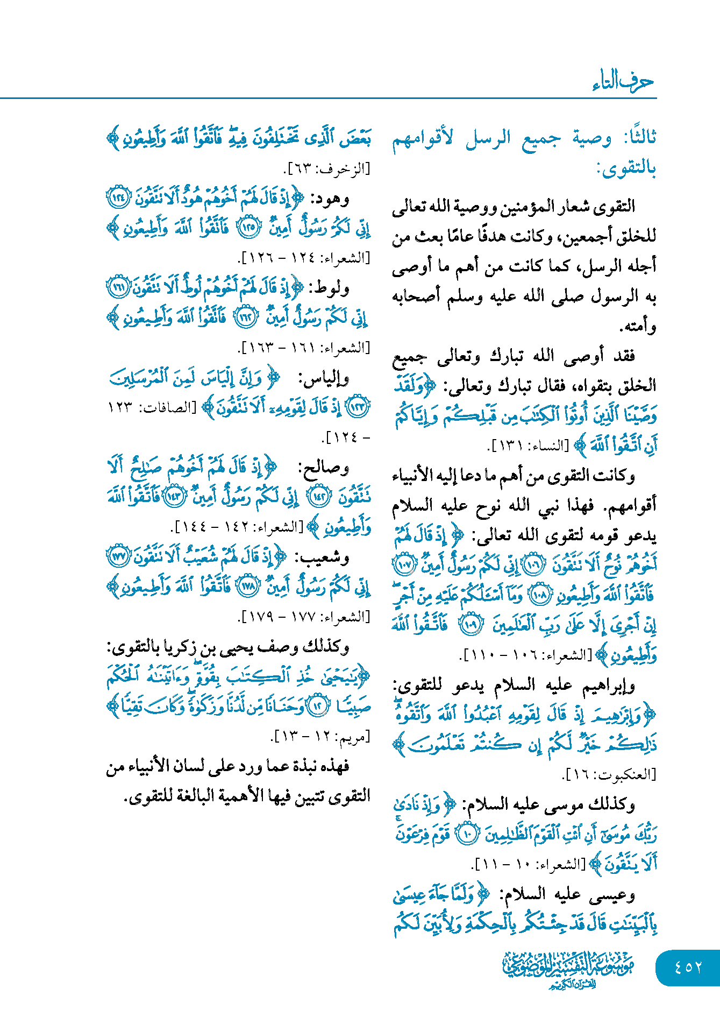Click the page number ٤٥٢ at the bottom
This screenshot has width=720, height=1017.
(688, 967)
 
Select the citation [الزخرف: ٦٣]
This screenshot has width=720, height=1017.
(327, 169)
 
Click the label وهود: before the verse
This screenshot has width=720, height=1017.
(330, 200)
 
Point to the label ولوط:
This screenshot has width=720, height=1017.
(329, 289)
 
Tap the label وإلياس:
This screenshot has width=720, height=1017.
(323, 379)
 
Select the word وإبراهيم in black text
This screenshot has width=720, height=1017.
(608, 686)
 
